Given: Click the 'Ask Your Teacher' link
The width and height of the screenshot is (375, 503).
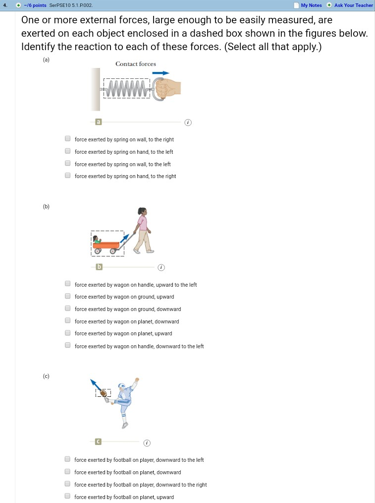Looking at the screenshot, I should point(353,5).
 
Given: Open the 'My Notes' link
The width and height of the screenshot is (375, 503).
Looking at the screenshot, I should point(311,5).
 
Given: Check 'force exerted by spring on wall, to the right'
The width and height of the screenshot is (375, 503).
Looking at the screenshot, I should point(67,139).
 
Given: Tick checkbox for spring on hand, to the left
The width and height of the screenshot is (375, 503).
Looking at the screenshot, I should point(67,152).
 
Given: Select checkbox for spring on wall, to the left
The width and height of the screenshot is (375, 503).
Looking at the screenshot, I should point(67,164).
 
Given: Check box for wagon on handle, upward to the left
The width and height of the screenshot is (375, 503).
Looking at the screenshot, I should point(67,284).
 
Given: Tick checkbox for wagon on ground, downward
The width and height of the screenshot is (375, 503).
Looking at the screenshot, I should point(67,309).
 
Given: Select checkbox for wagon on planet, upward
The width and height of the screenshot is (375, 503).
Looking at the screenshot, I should point(67,333).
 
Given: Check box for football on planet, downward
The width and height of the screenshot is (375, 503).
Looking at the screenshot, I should point(67,472).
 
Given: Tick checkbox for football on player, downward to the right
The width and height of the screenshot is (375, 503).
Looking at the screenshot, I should point(67,484).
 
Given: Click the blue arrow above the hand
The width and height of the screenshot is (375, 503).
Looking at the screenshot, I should point(161,73).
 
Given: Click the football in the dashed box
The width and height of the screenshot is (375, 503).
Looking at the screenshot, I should point(104,393).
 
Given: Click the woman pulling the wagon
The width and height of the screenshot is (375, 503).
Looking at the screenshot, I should point(143,230).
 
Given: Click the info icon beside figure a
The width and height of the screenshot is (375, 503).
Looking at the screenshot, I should point(187,122).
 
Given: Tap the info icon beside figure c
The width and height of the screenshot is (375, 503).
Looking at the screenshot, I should point(146,442).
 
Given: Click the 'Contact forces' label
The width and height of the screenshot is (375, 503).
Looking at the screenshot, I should point(135,64).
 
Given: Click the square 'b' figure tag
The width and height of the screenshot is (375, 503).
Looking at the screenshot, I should point(99,267).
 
